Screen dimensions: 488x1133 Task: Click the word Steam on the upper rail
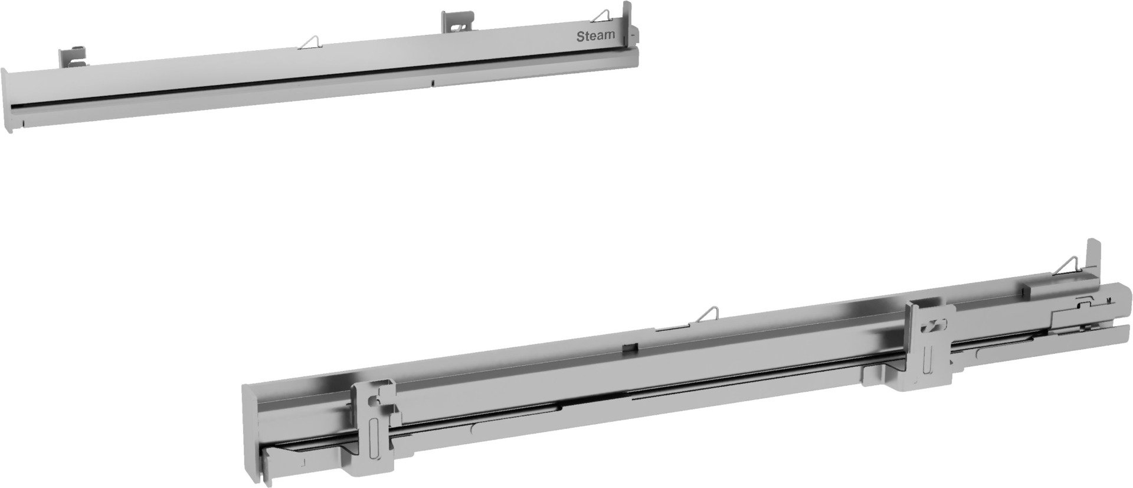click(595, 36)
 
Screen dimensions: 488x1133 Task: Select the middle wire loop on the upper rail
click(310, 42)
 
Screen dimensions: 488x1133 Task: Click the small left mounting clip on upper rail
click(70, 57)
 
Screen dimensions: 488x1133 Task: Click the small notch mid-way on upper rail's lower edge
click(433, 83)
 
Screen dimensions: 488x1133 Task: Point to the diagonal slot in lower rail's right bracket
click(931, 326)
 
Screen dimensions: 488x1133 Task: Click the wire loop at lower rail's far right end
click(1069, 266)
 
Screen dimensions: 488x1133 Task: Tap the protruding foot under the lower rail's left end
click(277, 461)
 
